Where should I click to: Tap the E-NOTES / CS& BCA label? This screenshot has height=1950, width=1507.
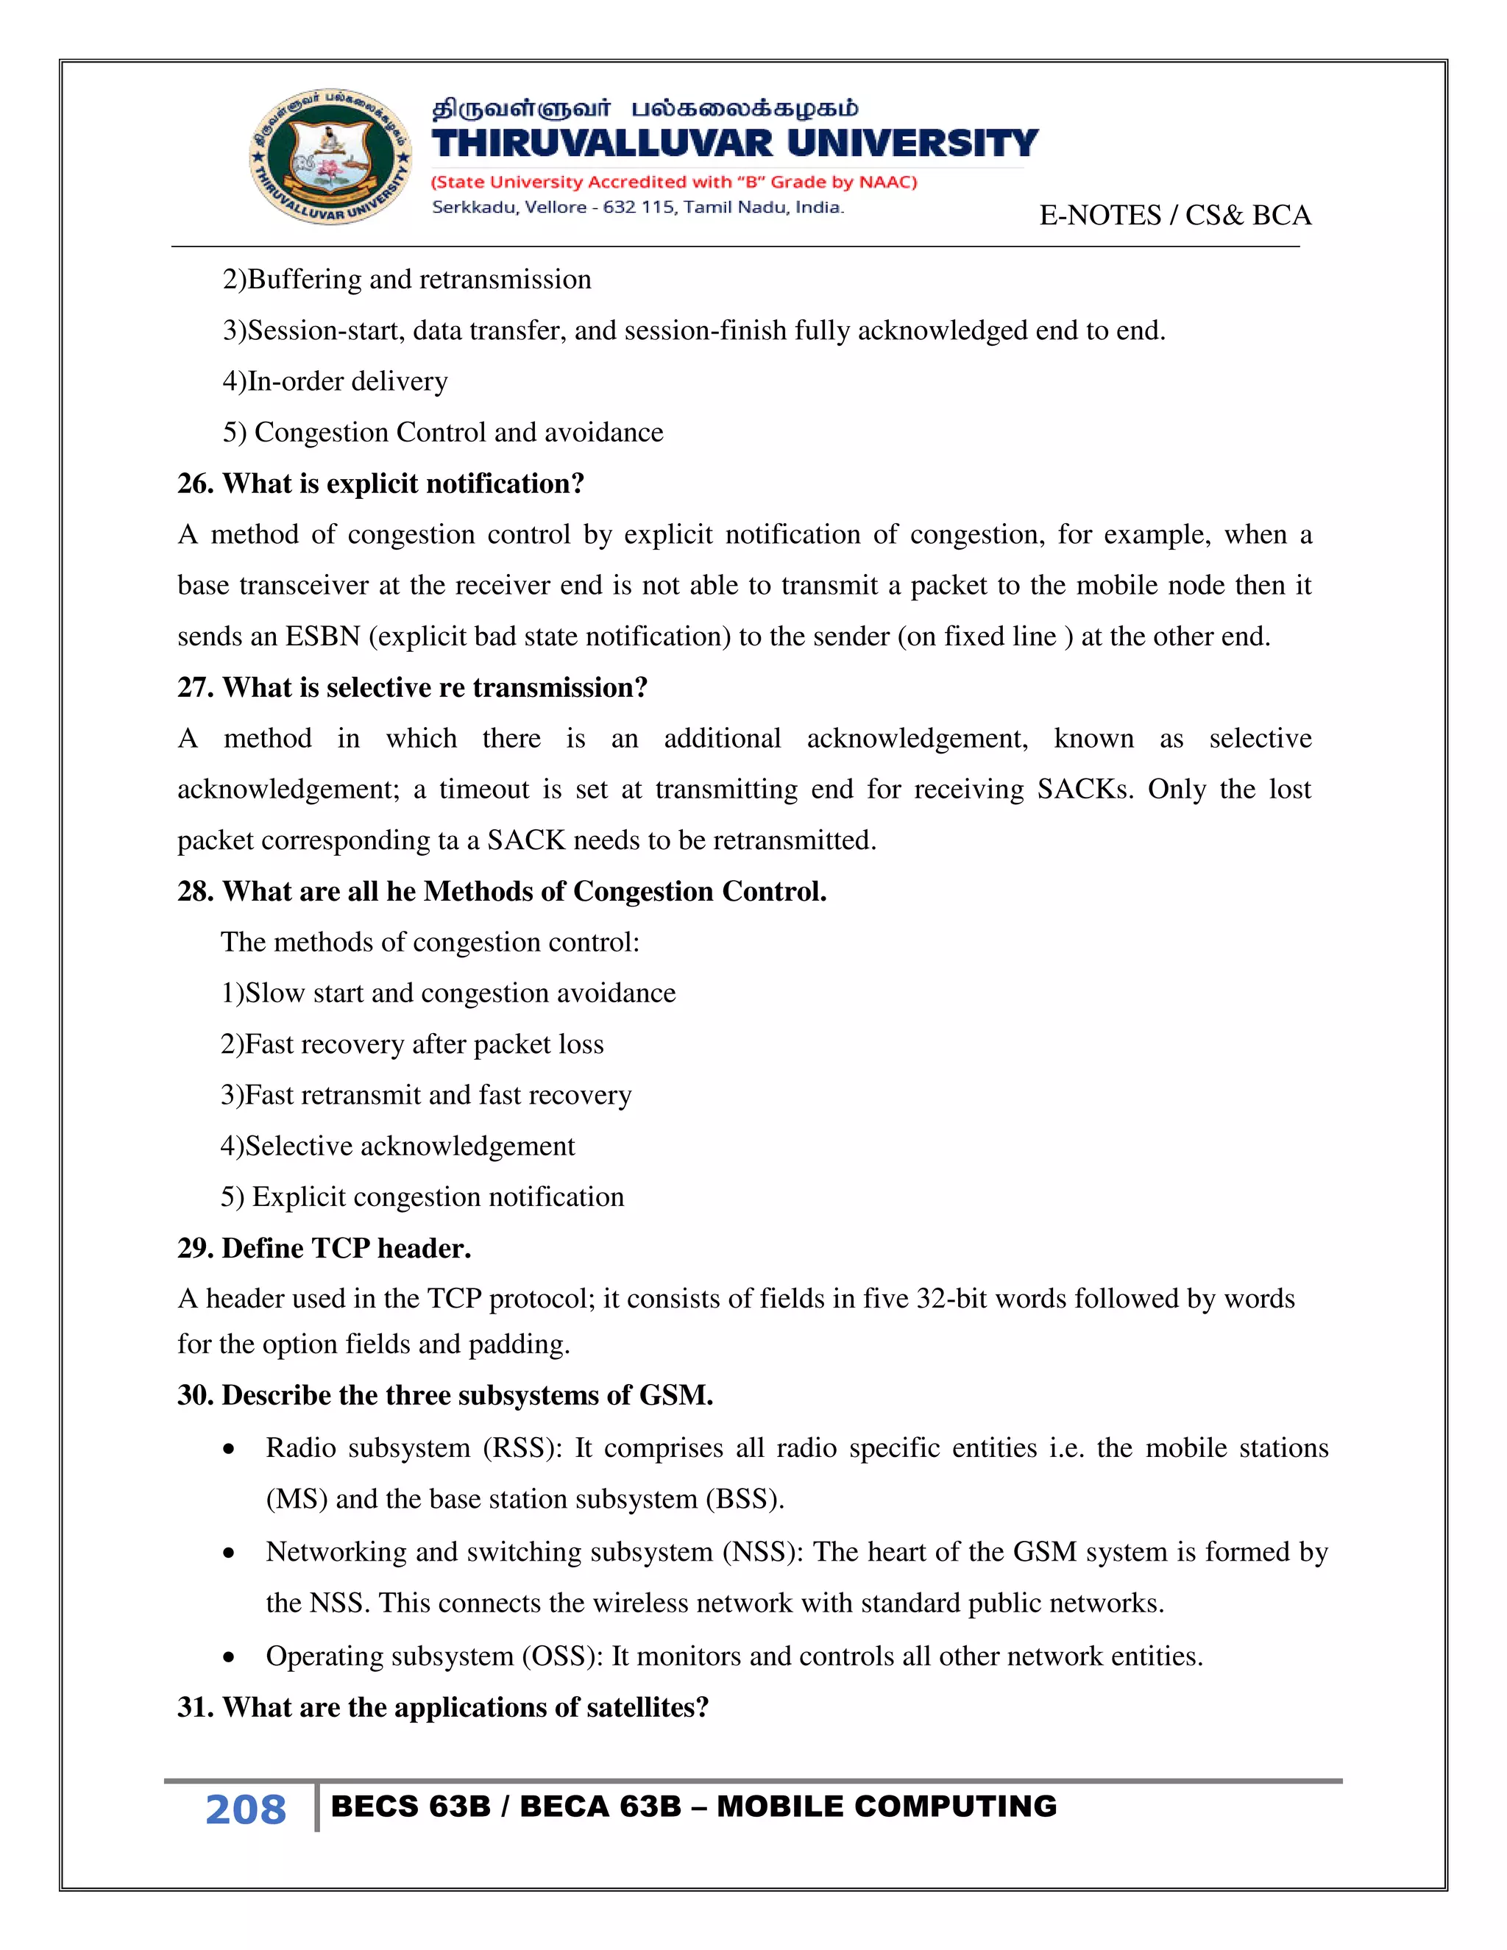(x=1175, y=215)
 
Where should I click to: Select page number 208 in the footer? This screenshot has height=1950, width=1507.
(x=246, y=1810)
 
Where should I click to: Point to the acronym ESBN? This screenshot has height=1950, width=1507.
(x=322, y=637)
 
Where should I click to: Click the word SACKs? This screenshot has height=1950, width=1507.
(x=1084, y=790)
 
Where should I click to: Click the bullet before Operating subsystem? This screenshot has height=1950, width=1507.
(x=230, y=1658)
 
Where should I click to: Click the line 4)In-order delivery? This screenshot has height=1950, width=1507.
(x=335, y=381)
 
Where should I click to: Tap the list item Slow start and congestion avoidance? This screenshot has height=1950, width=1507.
(x=448, y=993)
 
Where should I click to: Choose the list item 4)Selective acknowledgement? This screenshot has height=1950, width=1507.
(x=398, y=1146)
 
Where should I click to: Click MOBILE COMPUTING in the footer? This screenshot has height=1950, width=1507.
(x=887, y=1807)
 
